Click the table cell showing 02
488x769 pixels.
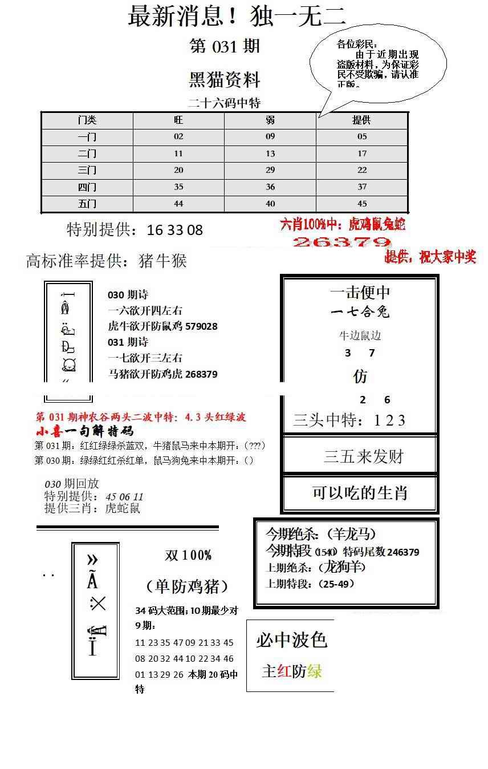tap(178, 136)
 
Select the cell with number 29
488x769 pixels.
tap(270, 170)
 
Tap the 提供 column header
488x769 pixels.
tap(361, 120)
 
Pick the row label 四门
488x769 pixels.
tap(87, 187)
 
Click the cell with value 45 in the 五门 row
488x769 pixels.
tap(361, 204)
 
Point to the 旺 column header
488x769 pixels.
tap(178, 120)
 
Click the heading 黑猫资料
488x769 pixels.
tap(225, 80)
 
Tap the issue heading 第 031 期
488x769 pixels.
tap(225, 46)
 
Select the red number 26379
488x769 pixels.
tap(341, 242)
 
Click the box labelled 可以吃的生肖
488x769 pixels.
tap(360, 492)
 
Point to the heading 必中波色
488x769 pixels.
tap(291, 640)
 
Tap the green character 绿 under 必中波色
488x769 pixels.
tap(314, 671)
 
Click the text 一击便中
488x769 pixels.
tap(360, 293)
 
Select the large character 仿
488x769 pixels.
tap(360, 377)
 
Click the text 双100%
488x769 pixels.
tap(188, 555)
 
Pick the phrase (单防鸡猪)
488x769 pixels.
tap(187, 586)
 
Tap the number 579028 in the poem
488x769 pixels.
tap(201, 326)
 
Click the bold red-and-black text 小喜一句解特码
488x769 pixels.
tap(84, 431)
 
